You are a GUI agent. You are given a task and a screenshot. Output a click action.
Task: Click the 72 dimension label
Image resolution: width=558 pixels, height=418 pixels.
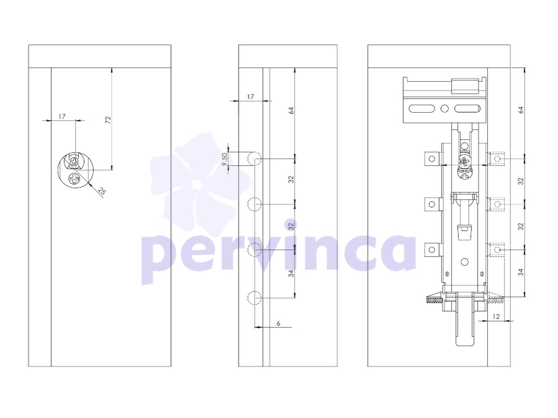coord(108,120)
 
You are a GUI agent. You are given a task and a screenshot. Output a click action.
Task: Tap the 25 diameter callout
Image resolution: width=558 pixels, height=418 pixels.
coord(102,191)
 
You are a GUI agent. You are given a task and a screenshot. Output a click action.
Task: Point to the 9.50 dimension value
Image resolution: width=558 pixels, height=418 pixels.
coord(224,159)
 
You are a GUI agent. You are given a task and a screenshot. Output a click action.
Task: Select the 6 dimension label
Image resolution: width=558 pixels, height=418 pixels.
coord(278,323)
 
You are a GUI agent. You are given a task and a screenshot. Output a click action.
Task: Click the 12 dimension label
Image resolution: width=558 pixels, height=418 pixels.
coord(497,316)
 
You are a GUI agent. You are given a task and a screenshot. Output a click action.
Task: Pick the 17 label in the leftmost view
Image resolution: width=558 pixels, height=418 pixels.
coord(62,116)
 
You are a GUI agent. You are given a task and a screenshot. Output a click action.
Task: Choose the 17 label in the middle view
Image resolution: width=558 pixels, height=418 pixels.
coord(250,97)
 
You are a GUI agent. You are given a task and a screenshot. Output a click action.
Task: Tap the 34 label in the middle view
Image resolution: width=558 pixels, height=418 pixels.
coord(291,273)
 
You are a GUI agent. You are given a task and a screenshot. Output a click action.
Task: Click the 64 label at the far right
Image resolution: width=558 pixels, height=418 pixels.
coord(521,110)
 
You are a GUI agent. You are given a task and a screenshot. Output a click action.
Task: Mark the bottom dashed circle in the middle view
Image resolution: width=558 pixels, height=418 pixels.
coord(255,298)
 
